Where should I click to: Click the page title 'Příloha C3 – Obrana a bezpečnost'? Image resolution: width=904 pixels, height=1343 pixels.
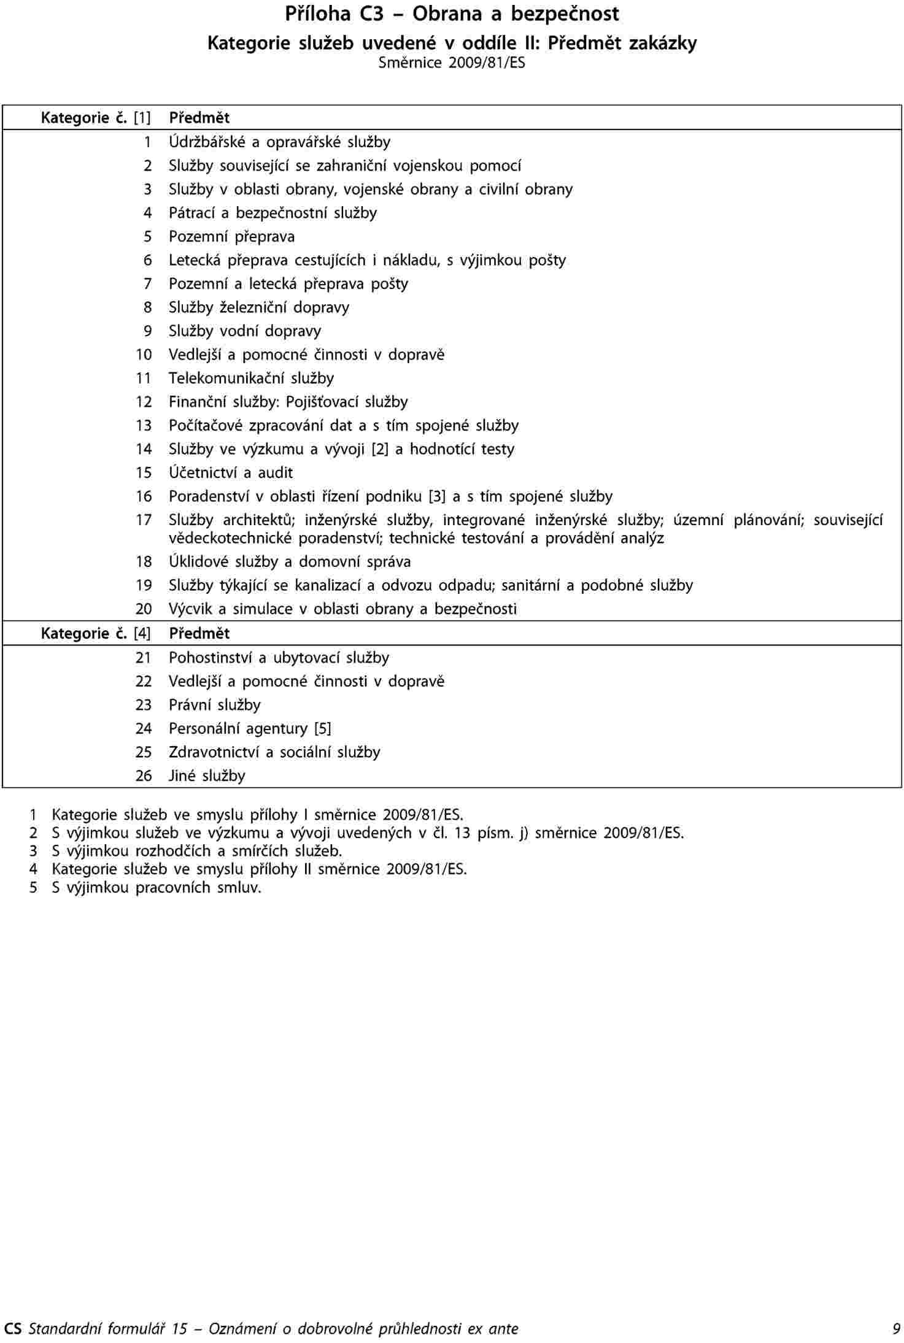[452, 13]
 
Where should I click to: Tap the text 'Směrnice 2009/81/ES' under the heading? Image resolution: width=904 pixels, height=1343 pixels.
[452, 63]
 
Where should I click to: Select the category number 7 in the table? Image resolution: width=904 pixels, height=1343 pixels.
[147, 284]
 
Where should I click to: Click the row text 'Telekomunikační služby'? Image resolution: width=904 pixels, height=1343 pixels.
[252, 379]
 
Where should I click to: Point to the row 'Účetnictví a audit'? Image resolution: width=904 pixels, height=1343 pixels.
[231, 473]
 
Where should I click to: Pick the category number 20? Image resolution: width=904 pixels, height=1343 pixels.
[144, 609]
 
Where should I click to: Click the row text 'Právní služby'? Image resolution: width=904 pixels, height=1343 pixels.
[215, 706]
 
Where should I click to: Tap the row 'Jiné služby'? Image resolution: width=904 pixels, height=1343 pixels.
[207, 776]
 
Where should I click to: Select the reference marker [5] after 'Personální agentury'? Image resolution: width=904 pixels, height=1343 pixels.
[322, 729]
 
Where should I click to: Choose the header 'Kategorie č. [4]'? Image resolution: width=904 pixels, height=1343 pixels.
[96, 634]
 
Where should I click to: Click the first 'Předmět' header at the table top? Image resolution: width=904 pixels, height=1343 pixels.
[199, 118]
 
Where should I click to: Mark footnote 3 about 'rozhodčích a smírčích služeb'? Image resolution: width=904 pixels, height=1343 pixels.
[196, 852]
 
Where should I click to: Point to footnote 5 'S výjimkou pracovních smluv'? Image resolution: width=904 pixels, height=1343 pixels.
[156, 888]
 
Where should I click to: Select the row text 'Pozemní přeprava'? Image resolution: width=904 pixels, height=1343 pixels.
[232, 237]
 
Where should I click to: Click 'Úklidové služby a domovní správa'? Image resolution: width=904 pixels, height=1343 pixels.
[290, 562]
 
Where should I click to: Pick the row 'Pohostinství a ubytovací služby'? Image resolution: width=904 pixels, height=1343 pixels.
[279, 658]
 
